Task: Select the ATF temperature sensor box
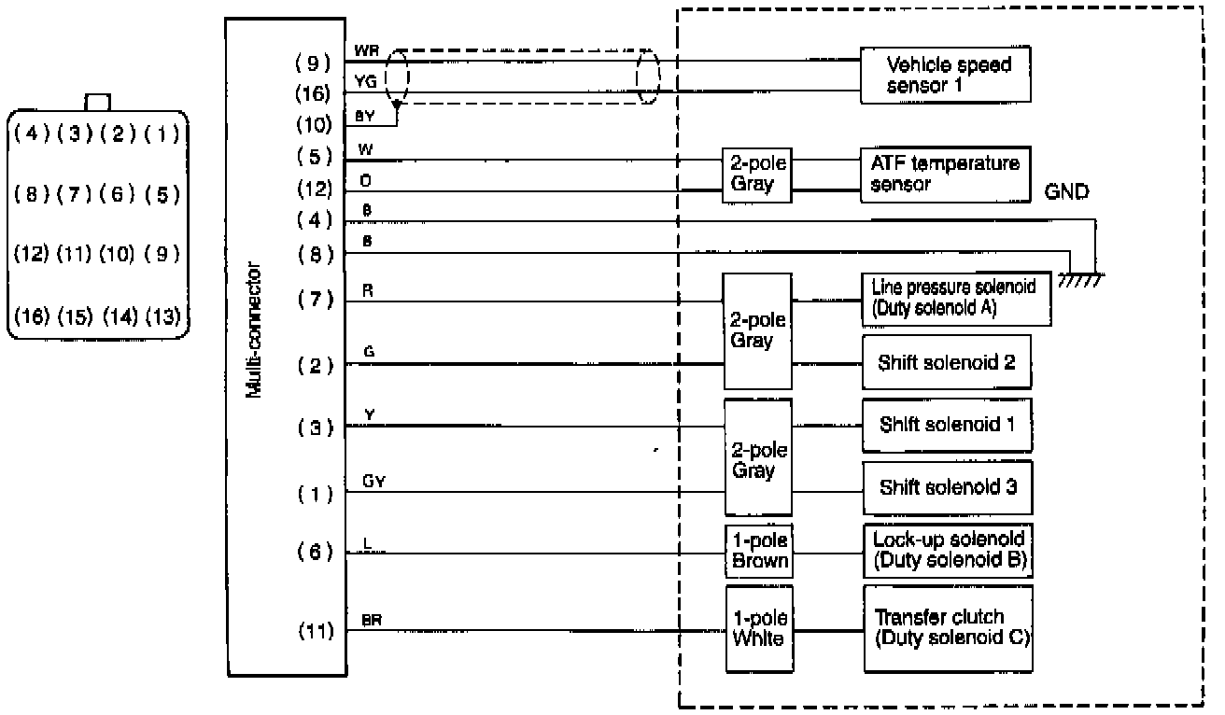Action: coord(945,174)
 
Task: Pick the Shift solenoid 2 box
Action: coord(947,362)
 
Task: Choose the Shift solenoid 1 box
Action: coord(947,425)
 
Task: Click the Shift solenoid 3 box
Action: coord(947,486)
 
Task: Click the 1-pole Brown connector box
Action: coord(758,551)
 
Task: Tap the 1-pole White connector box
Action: coord(758,628)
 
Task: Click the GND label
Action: coord(1067,191)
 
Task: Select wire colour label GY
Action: coord(373,482)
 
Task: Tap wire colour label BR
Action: coord(371,619)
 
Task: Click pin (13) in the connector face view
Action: coord(162,317)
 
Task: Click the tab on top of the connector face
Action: coord(98,102)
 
